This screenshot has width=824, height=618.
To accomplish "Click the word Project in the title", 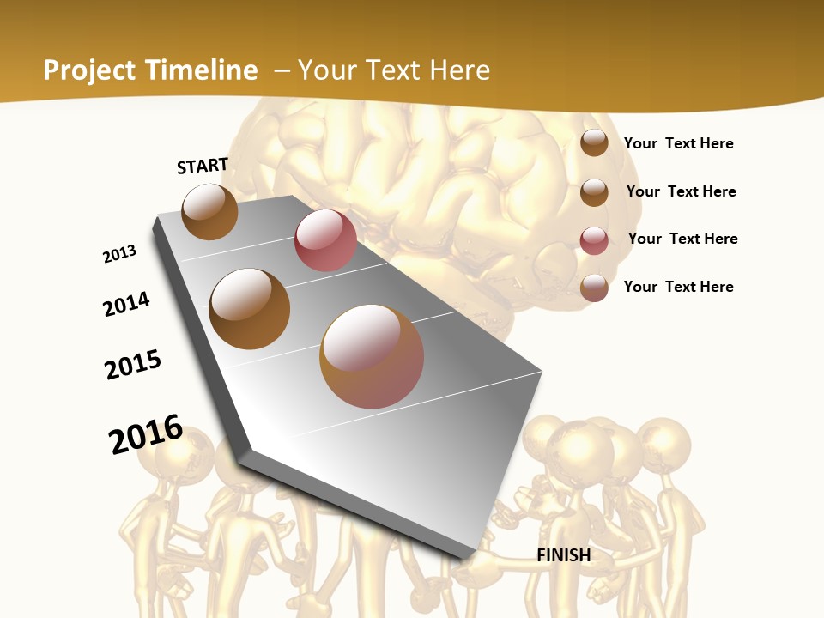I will [x=87, y=70].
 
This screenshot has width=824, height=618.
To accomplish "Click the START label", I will [x=203, y=166].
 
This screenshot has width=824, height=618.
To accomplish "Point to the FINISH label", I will [x=564, y=555].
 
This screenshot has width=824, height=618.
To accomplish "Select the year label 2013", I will [x=119, y=254].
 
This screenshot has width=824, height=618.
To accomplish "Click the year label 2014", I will [x=126, y=304].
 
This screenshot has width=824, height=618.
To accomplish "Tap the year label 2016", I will [x=146, y=434].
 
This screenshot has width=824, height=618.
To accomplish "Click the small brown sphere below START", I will [x=209, y=211].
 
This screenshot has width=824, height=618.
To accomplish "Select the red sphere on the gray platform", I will [x=325, y=240].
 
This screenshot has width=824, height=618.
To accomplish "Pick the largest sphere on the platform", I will [x=372, y=355].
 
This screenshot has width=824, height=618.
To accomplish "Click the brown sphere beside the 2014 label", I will [x=250, y=309].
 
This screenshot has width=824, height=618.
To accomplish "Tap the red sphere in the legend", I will [x=594, y=240].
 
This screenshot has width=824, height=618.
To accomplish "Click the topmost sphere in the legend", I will [x=594, y=142].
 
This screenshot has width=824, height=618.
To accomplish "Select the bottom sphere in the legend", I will [x=594, y=288].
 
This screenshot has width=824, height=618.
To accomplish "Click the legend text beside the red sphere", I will [x=682, y=239].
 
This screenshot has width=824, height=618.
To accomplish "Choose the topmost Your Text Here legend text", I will [x=678, y=143].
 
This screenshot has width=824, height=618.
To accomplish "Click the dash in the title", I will [x=282, y=70].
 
